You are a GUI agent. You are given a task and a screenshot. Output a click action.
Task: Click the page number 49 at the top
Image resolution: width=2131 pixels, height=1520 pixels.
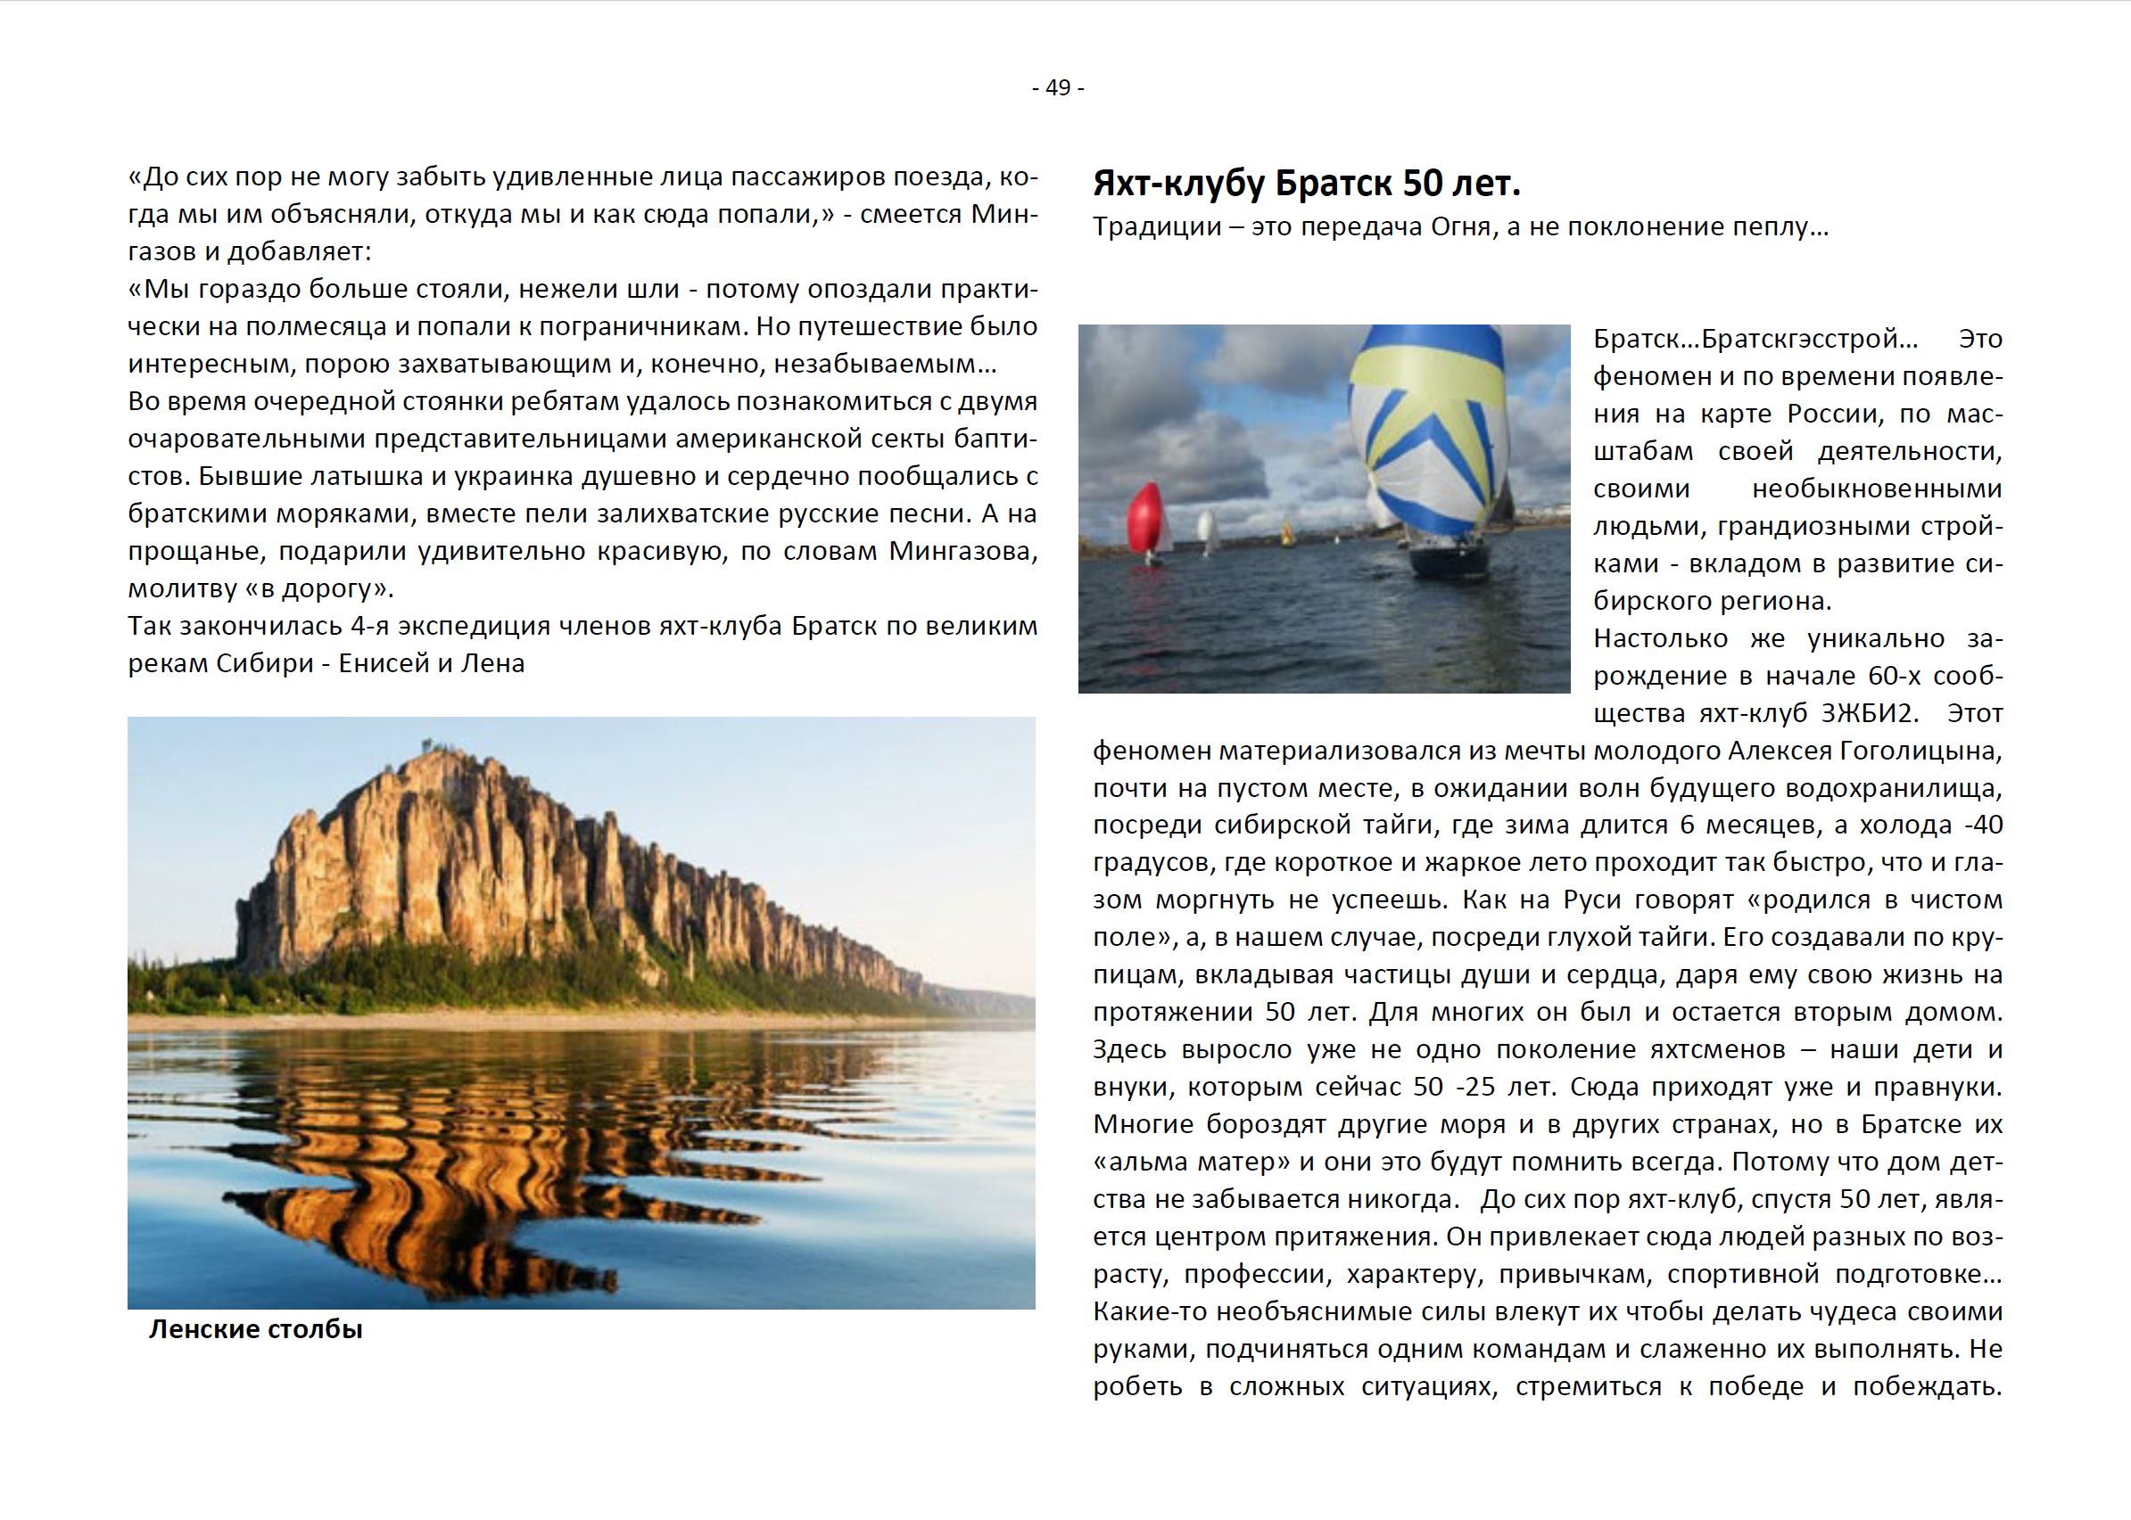coord(1058,88)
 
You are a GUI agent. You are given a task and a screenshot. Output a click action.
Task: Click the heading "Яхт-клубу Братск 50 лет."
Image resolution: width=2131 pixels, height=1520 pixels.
coord(1306,185)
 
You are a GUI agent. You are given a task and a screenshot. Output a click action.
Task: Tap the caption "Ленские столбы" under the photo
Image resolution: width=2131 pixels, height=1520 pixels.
coord(256,1329)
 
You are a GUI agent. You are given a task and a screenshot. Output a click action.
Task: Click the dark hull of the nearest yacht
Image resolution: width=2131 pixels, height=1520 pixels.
coord(1450,560)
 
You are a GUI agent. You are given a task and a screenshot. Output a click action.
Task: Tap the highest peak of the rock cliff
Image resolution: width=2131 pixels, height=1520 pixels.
coord(429,749)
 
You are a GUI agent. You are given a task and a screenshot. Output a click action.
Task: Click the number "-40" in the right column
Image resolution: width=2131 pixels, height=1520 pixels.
coord(1977,826)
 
